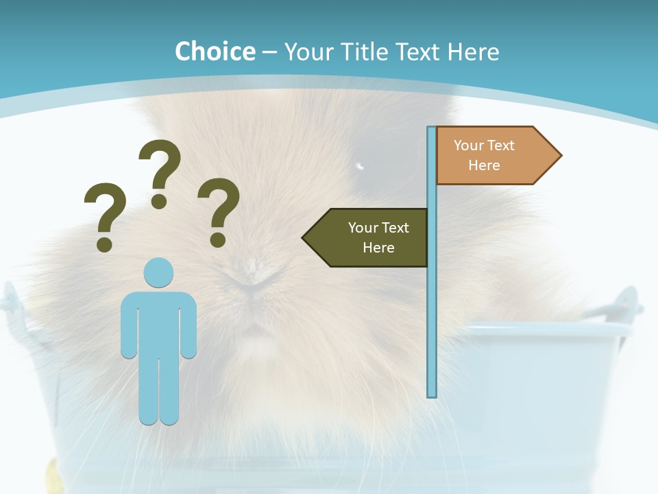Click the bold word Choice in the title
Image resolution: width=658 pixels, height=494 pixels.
point(215,51)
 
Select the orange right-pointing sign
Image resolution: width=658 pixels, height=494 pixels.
point(490,156)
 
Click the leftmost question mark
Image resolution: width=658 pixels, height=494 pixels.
point(105,216)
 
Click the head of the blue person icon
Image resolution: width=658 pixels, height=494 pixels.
point(158,272)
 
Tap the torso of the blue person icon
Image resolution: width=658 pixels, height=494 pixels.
point(158,322)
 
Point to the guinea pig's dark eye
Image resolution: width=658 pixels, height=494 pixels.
point(360,165)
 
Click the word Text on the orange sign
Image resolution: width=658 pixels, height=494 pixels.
point(500,145)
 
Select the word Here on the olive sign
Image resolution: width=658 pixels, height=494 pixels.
point(378,248)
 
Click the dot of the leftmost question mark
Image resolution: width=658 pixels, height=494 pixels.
point(104,244)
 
